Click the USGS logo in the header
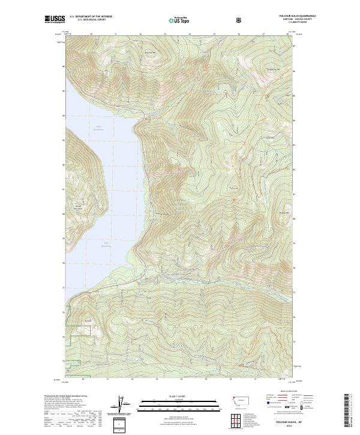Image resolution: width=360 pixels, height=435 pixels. [x=55, y=20]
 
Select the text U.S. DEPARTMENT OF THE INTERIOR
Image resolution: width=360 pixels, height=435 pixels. [x=91, y=17]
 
